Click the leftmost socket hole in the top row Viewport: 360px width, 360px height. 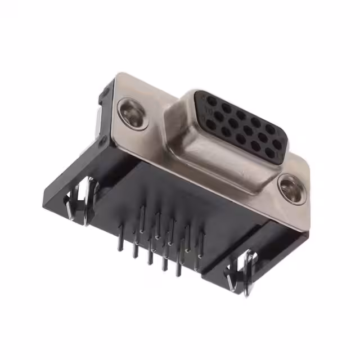[211, 102]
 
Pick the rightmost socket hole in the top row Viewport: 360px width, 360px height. [270, 129]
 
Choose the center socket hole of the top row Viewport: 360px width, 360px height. [241, 115]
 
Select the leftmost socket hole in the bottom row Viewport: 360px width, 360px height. [211, 124]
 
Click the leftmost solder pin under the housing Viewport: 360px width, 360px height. [120, 236]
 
